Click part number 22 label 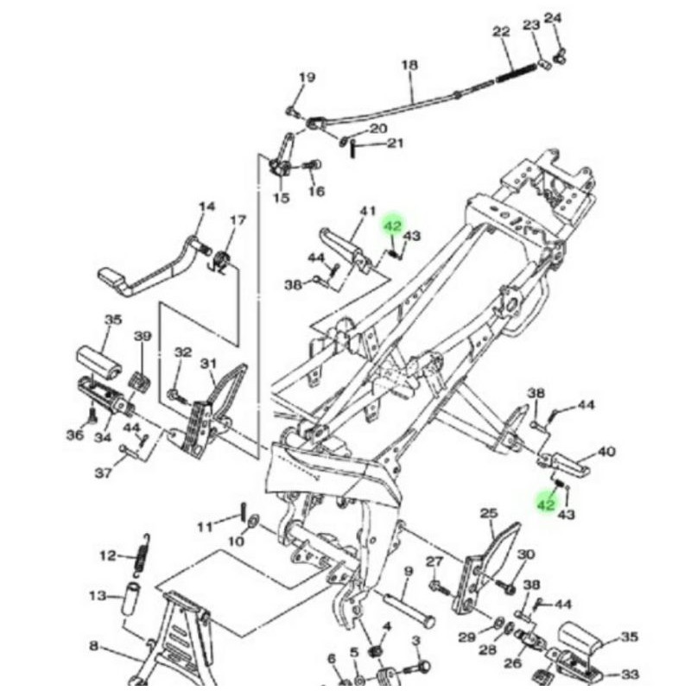[502, 31]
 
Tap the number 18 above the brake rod [409, 65]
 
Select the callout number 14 [206, 206]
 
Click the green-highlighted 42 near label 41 [393, 226]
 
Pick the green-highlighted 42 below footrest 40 [546, 504]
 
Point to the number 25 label [489, 513]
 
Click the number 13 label [98, 596]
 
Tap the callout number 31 [208, 364]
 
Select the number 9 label [408, 571]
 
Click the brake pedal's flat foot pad [111, 276]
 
